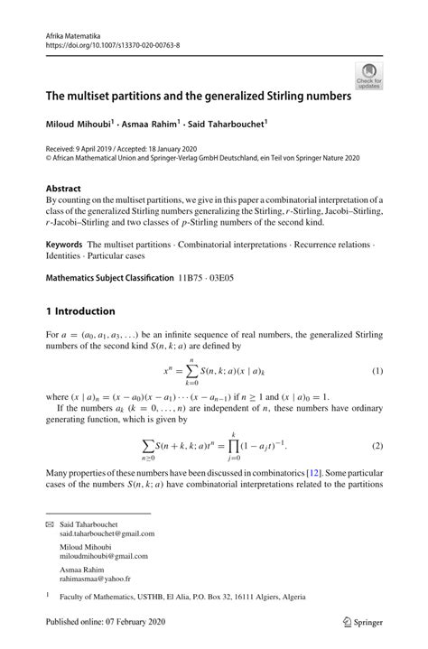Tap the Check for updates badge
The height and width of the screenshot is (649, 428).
(368, 76)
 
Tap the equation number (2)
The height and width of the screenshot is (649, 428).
(377, 447)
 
